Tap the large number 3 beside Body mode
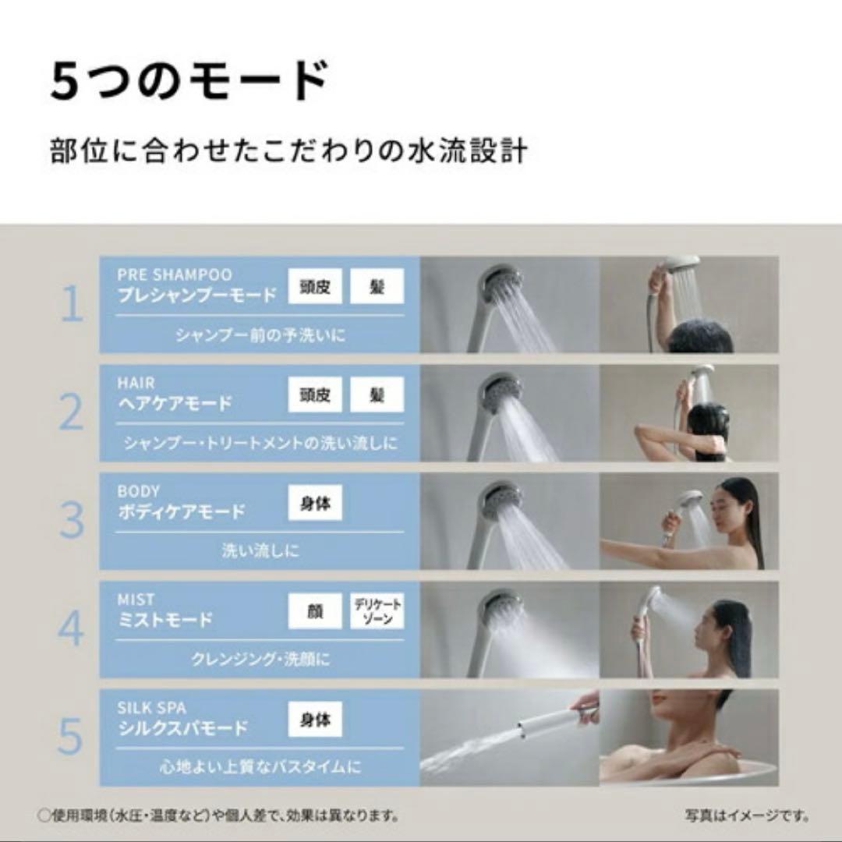72,521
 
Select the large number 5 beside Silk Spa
71,737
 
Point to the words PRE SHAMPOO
175,274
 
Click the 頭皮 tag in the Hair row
315,395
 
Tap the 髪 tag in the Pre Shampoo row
377,286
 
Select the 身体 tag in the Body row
315,504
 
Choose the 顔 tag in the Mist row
315,611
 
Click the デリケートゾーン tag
377,611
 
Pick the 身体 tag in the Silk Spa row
315,720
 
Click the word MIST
136,600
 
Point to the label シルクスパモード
182,729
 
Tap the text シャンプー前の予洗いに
260,335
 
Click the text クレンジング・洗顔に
260,660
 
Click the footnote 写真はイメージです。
747,817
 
